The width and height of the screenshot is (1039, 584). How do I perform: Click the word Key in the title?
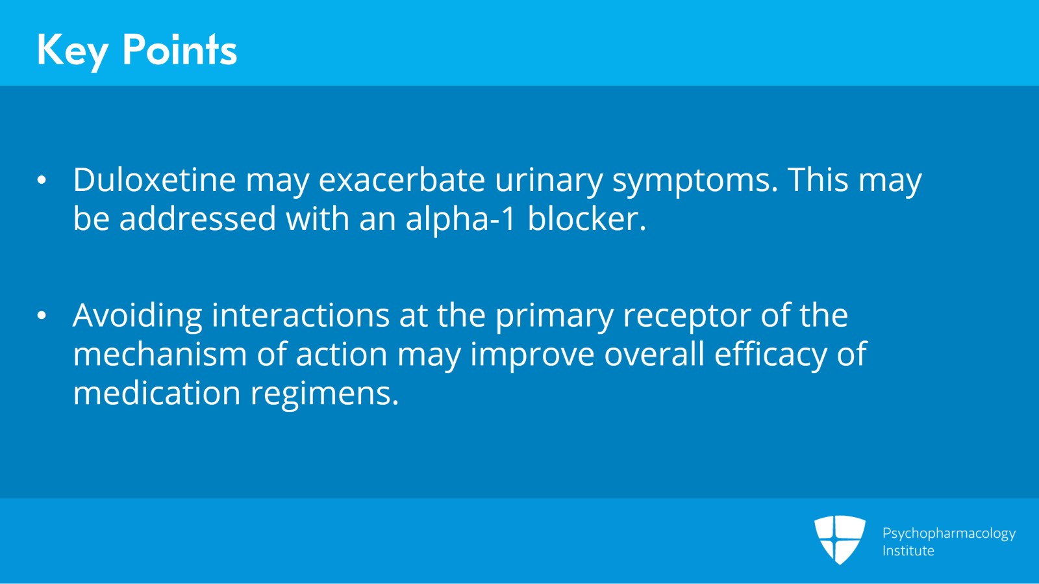pyautogui.click(x=72, y=51)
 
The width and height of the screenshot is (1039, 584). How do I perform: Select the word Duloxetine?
pyautogui.click(x=154, y=180)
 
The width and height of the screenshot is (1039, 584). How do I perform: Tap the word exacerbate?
pyautogui.click(x=401, y=180)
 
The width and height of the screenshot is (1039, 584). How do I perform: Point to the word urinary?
pyautogui.click(x=549, y=181)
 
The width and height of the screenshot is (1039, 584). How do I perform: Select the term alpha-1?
pyautogui.click(x=460, y=220)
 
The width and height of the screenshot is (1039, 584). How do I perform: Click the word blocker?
pyautogui.click(x=586, y=219)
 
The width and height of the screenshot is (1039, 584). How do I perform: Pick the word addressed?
pyautogui.click(x=197, y=219)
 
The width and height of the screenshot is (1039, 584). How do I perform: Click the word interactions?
pyautogui.click(x=300, y=316)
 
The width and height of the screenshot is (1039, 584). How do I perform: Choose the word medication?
pyautogui.click(x=156, y=394)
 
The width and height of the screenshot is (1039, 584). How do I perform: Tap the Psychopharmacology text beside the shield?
pyautogui.click(x=948, y=533)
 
